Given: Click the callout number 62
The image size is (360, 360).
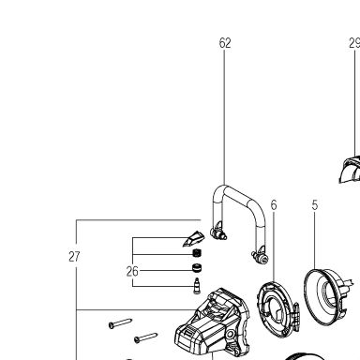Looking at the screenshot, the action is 225,43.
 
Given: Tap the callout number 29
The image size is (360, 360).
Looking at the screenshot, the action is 354,43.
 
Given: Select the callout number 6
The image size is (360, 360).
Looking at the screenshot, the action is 274,205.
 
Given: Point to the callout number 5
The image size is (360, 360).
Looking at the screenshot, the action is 315,205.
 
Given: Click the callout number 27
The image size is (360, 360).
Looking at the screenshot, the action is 74,257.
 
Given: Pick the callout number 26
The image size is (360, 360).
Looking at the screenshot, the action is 132,271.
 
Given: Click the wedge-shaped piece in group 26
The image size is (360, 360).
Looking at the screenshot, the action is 193,239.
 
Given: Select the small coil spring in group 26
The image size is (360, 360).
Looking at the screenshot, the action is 196,253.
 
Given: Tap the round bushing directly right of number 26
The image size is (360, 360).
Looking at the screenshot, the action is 197,268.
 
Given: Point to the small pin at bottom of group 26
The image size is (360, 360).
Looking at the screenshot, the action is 197,286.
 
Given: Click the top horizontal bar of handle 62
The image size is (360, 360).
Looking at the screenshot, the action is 239,198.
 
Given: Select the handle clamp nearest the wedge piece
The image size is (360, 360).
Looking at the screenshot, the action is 218,232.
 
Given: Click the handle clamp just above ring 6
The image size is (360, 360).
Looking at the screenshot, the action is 261,256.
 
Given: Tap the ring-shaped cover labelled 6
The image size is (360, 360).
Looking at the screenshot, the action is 275,309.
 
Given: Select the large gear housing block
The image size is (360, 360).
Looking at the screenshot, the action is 213,325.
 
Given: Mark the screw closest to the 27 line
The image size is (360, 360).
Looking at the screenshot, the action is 120,323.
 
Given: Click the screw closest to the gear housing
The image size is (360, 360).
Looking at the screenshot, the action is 145,337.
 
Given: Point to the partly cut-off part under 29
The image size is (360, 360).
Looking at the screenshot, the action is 350,169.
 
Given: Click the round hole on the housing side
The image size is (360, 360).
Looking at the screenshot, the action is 231,334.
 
